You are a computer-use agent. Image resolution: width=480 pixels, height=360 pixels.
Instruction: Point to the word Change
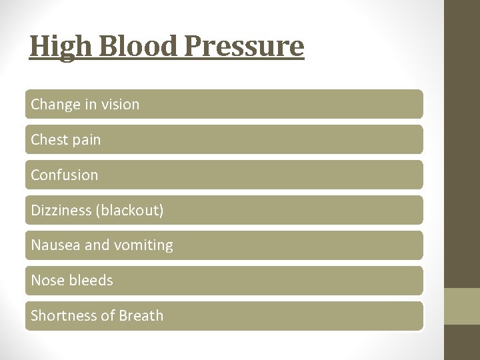53,105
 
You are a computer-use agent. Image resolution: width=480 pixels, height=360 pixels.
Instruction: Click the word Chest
47,140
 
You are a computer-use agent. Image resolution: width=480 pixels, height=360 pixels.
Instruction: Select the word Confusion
65,175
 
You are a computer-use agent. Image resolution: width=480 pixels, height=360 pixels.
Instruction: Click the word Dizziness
61,211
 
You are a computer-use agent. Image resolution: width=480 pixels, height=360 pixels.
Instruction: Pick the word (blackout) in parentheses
130,211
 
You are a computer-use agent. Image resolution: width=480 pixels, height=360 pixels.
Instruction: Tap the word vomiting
143,246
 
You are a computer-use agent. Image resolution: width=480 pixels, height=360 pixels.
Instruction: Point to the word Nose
46,281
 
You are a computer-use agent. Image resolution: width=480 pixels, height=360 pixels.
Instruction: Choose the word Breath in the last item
141,316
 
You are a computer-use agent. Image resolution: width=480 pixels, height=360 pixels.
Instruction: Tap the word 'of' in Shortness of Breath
107,316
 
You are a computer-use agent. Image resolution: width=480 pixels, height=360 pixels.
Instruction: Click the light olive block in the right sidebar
462,306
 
